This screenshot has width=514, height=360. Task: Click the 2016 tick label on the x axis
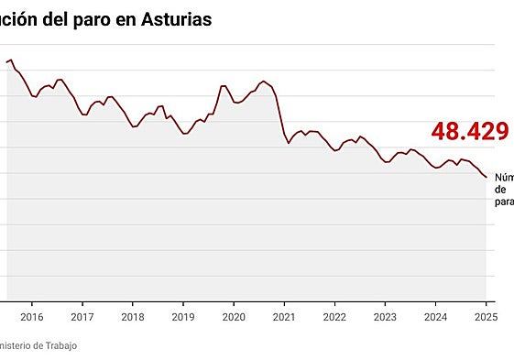point(31,317)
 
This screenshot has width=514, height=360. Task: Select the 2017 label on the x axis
point(82,317)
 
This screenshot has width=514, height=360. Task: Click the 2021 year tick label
point(284,317)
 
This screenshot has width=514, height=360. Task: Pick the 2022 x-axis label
point(334,317)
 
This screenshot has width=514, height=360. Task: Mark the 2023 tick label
point(385,317)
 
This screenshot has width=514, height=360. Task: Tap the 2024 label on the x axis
point(435,317)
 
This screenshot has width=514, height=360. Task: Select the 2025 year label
point(485,317)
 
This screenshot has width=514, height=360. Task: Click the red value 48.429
point(470,132)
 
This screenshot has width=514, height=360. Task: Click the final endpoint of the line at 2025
point(486,177)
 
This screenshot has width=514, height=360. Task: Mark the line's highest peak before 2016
point(11,60)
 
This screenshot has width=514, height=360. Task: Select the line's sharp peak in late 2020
point(264,82)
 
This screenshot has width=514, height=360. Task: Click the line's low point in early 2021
point(289,143)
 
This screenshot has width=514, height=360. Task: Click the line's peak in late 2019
point(223,86)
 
